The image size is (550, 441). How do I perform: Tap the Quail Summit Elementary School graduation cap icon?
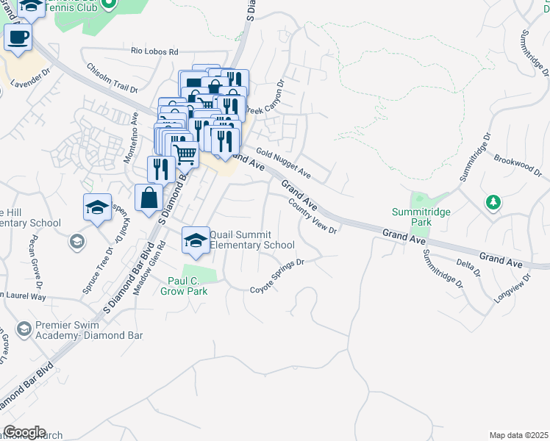(196, 240)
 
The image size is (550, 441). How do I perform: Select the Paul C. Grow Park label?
(184, 286)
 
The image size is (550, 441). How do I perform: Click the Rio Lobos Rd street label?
(154, 51)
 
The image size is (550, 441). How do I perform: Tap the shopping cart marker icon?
(185, 155)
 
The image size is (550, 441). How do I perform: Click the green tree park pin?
(493, 202)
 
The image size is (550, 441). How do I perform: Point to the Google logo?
(24, 432)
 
